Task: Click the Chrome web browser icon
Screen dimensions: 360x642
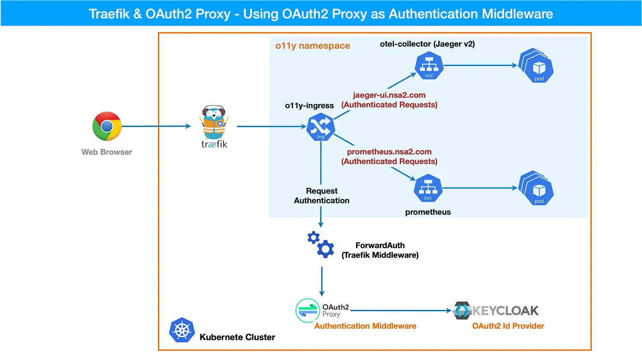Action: pos(107,126)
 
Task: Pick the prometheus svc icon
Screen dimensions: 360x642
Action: pos(427,188)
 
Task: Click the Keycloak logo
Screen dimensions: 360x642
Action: pos(496,310)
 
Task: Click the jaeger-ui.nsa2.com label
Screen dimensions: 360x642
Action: pos(389,95)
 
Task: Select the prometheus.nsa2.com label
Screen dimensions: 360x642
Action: pos(389,152)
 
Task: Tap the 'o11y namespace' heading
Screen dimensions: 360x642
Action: pos(312,46)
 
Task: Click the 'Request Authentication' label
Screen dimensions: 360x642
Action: pos(321,196)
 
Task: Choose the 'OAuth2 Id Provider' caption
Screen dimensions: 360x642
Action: pos(508,326)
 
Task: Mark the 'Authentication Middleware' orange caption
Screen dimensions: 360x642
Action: pos(365,326)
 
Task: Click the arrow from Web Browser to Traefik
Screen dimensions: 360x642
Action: pos(156,126)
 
